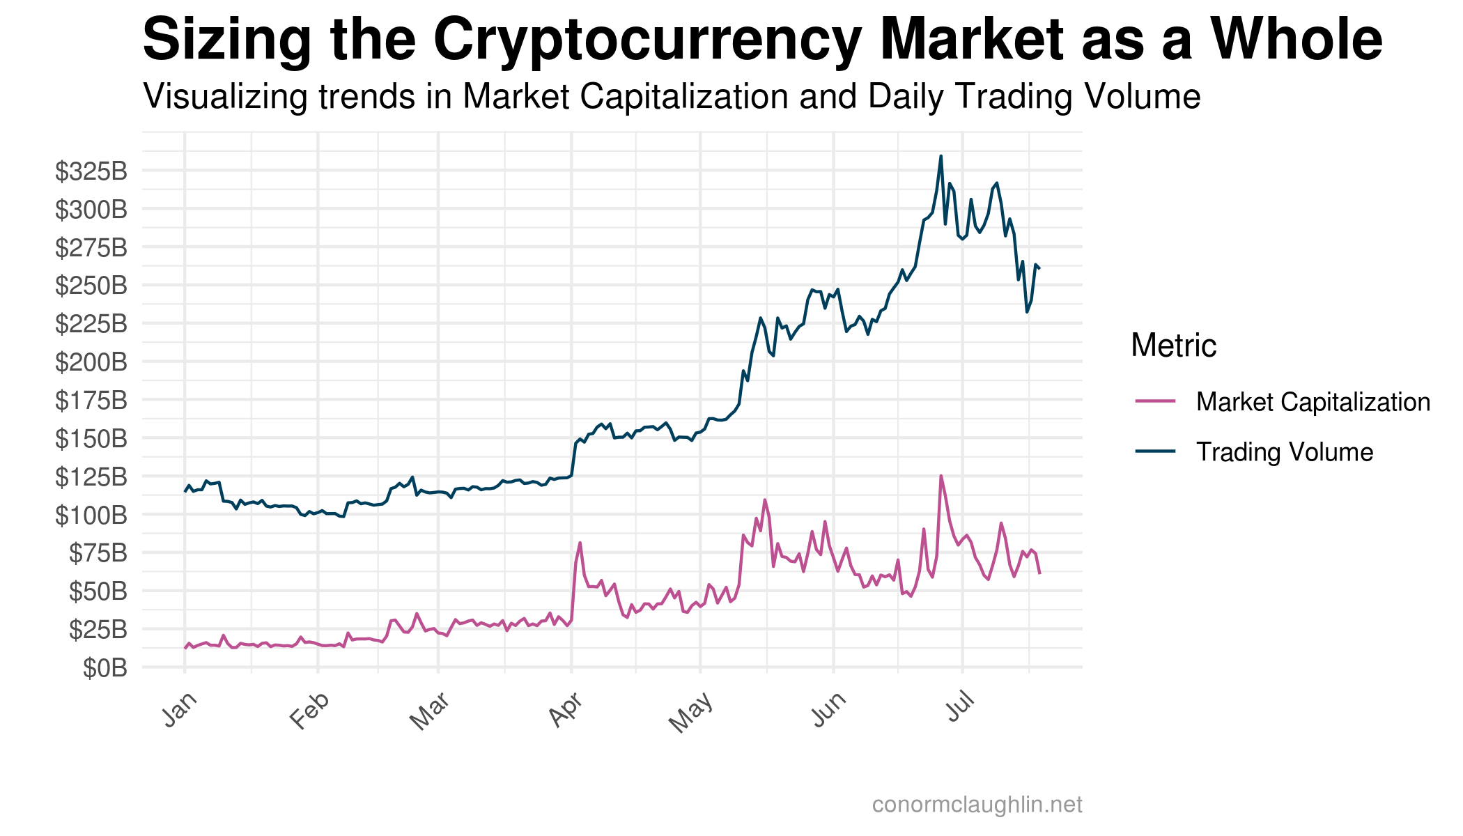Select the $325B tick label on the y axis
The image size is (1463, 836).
91,171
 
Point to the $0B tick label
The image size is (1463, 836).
105,669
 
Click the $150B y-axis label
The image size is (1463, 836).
91,439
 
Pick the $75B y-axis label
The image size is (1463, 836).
98,554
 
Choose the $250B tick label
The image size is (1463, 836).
91,286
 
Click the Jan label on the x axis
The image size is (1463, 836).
180,710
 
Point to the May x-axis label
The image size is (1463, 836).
691,713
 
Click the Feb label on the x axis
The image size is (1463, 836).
309,711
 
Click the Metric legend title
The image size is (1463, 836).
1173,346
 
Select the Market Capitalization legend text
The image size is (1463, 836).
1313,402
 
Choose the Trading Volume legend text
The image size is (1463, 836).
1284,452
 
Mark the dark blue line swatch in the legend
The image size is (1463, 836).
1155,451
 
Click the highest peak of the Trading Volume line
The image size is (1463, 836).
940,157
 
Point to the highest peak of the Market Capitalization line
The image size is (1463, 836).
940,477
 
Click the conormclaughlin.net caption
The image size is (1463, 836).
977,805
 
